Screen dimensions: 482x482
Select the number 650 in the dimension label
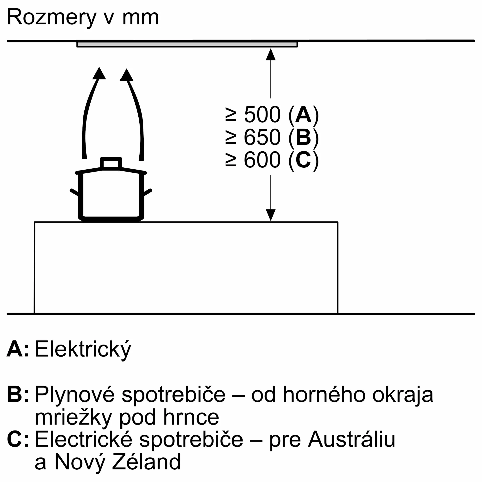(x=262, y=137)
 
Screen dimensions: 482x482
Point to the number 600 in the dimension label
(x=262, y=160)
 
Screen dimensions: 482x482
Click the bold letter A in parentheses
(x=304, y=114)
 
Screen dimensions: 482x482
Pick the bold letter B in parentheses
(x=303, y=137)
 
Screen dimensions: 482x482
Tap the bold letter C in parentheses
(x=303, y=160)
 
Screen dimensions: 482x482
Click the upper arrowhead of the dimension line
(x=271, y=54)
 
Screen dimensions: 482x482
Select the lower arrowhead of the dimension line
(x=271, y=215)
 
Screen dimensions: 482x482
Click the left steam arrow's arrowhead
(x=99, y=73)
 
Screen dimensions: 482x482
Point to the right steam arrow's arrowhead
(x=127, y=75)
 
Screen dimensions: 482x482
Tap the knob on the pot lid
(x=111, y=163)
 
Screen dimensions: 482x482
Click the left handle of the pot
(x=74, y=192)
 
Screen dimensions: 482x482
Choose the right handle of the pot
(x=148, y=192)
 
